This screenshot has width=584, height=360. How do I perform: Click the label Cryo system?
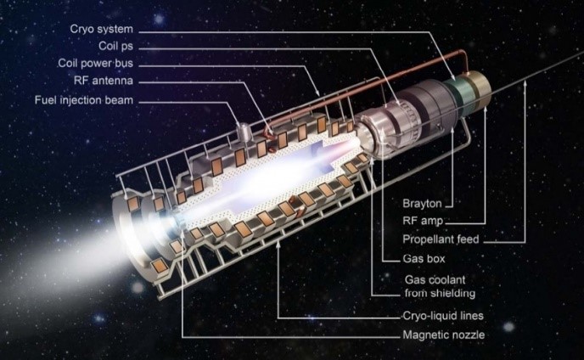[x=101, y=29]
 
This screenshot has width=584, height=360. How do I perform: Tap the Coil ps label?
[x=115, y=46]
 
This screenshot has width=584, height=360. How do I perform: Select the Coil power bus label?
[x=95, y=64]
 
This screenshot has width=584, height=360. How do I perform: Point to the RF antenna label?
[x=104, y=81]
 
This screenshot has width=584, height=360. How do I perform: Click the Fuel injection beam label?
[x=84, y=100]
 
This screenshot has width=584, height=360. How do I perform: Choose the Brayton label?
[x=422, y=204]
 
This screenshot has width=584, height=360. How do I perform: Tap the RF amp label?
[x=423, y=221]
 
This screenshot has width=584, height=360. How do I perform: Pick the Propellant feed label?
[x=441, y=239]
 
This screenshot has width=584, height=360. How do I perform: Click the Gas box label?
[x=424, y=259]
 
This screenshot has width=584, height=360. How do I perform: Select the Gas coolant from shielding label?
[x=440, y=287]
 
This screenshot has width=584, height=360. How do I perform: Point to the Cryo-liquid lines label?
[x=443, y=316]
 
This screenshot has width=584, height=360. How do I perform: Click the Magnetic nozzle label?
[x=444, y=335]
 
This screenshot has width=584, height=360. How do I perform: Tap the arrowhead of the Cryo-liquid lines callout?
[x=278, y=245]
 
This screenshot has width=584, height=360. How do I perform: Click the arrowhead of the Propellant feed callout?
[x=525, y=83]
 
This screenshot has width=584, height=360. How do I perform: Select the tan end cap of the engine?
[x=480, y=88]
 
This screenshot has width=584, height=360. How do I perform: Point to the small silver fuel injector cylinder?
[x=244, y=132]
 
